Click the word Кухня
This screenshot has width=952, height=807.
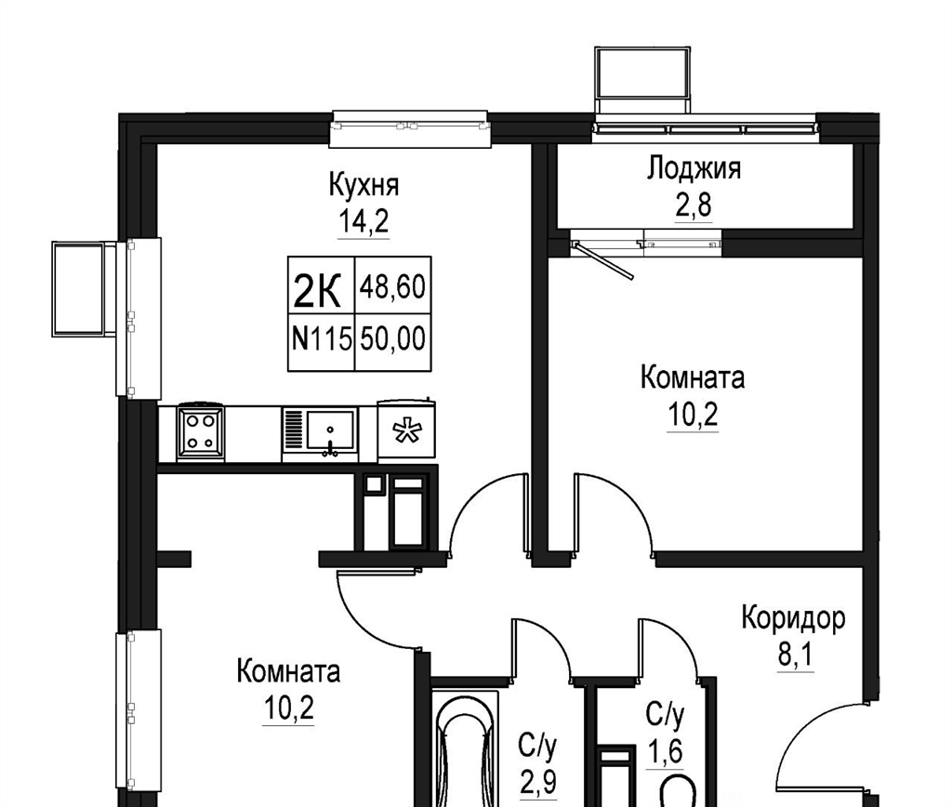tap(364, 184)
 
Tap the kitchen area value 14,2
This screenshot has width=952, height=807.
tap(364, 222)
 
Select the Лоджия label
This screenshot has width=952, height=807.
tap(694, 168)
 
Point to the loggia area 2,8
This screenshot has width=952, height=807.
tap(694, 205)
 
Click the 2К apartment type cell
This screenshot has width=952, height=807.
tap(321, 284)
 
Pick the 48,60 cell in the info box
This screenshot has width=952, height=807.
tap(393, 285)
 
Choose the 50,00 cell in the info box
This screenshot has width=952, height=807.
tap(393, 342)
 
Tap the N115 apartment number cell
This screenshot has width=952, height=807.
tap(321, 342)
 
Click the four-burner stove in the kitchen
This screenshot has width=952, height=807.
tap(200, 433)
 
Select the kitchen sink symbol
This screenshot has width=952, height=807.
tap(320, 432)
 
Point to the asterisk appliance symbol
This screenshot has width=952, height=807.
tap(406, 430)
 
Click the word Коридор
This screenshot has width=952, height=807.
tap(793, 619)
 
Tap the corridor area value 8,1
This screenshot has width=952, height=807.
tap(795, 655)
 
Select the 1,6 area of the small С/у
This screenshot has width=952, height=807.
tap(666, 753)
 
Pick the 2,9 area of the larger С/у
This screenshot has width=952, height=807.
tap(538, 782)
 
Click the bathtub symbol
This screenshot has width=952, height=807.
tap(465, 750)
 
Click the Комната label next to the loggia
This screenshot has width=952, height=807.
tap(693, 378)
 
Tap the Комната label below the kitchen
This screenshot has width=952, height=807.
tap(288, 672)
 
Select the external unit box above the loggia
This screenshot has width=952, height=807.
tap(643, 79)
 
